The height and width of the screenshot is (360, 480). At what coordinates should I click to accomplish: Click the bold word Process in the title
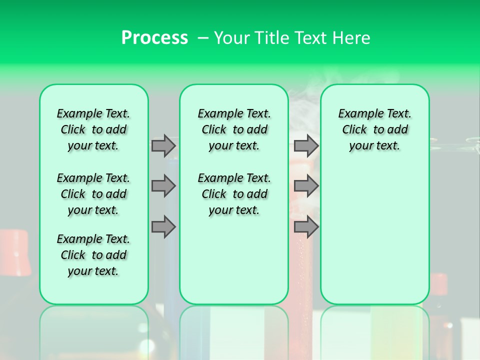(154, 38)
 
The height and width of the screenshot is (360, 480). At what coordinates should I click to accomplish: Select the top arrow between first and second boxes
(163, 145)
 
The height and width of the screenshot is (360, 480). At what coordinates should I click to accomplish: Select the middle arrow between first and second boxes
(163, 186)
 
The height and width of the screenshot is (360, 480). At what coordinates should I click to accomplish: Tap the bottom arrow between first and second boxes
(163, 226)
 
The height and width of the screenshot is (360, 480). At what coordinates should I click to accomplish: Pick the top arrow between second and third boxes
(306, 145)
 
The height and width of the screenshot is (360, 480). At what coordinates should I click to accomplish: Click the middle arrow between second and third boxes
(306, 186)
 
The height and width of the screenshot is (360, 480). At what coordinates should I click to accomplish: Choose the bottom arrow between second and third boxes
(306, 226)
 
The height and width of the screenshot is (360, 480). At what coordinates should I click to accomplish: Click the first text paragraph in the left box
(93, 129)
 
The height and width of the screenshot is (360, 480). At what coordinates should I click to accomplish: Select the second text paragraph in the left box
(93, 194)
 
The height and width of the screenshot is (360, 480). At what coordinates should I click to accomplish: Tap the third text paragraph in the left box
(93, 255)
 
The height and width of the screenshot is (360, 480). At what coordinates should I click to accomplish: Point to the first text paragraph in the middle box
(234, 129)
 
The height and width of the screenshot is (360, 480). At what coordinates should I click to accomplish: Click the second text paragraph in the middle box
(234, 194)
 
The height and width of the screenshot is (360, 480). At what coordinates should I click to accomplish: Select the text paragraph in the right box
(374, 129)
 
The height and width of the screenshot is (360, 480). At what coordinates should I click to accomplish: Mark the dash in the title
(203, 38)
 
